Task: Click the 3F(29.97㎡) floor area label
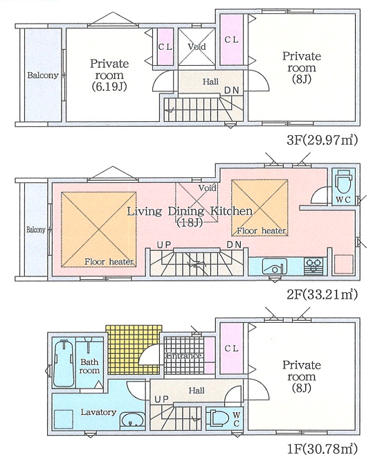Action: pyautogui.click(x=322, y=140)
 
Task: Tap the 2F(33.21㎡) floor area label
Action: pyautogui.click(x=322, y=294)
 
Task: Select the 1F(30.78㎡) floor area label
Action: pyautogui.click(x=322, y=449)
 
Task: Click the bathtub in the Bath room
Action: pyautogui.click(x=63, y=363)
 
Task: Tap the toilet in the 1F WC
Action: pyautogui.click(x=217, y=418)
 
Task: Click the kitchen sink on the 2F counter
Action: pyautogui.click(x=275, y=266)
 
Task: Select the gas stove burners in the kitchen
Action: pyautogui.click(x=313, y=266)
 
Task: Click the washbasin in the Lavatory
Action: pyautogui.click(x=132, y=420)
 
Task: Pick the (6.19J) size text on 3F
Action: pyautogui.click(x=109, y=87)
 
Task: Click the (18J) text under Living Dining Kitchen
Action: pyautogui.click(x=190, y=223)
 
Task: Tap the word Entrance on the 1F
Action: pyautogui.click(x=184, y=356)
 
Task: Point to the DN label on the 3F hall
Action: pyautogui.click(x=232, y=90)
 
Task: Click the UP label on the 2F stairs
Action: pyautogui.click(x=164, y=245)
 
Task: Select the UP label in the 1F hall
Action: pyautogui.click(x=162, y=399)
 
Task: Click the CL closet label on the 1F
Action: pyautogui.click(x=231, y=348)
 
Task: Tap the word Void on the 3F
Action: pyautogui.click(x=197, y=46)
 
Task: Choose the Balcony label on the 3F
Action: pyautogui.click(x=43, y=75)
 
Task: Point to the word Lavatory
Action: pyautogui.click(x=99, y=412)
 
